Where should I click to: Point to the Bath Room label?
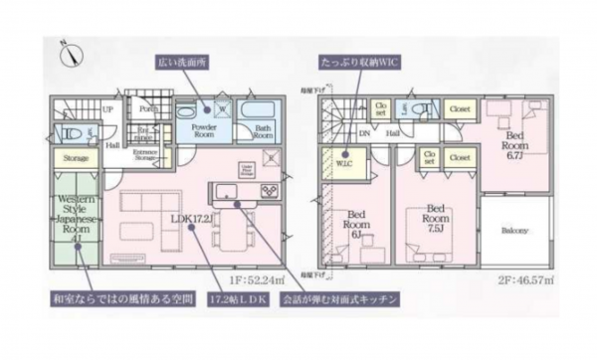point(264,133)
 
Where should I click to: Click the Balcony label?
point(515,231)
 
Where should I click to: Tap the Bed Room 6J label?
point(359,223)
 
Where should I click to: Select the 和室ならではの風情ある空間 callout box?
point(109,297)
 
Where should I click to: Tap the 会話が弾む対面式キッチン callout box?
point(338,297)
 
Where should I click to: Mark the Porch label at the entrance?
point(148,110)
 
